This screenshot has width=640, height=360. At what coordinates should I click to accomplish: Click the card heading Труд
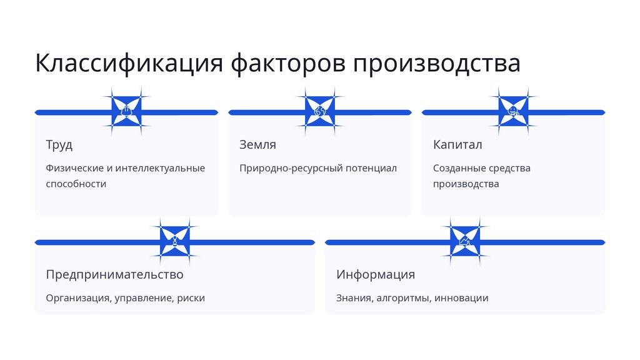click(59, 145)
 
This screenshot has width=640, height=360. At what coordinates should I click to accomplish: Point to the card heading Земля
click(257, 145)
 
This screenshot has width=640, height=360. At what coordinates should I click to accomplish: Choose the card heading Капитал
click(457, 145)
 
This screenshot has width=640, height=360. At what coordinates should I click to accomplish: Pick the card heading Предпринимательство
click(114, 274)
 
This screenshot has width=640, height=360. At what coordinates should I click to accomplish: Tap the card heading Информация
click(376, 274)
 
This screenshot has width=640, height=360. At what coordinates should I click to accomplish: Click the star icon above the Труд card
click(127, 112)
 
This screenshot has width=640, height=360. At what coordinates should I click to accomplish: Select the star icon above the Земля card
click(320, 112)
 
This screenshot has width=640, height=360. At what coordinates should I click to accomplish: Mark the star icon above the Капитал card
click(513, 112)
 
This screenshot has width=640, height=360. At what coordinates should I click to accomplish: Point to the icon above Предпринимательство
click(175, 241)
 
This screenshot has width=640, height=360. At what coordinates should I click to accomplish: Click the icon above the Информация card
click(465, 241)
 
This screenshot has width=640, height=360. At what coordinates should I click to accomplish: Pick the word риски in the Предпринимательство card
click(191, 298)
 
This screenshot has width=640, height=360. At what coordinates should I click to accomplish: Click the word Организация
click(78, 298)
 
